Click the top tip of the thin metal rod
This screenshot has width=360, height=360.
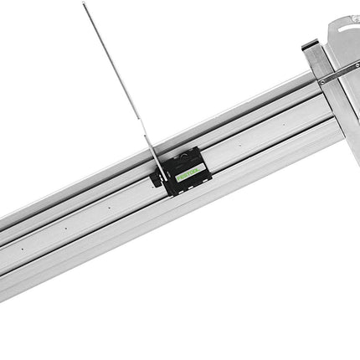click(84, 3)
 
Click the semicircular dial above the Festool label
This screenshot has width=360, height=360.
click(186, 162)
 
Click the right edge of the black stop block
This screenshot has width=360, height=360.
click(203, 167)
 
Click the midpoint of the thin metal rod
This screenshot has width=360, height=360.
click(117, 80)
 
